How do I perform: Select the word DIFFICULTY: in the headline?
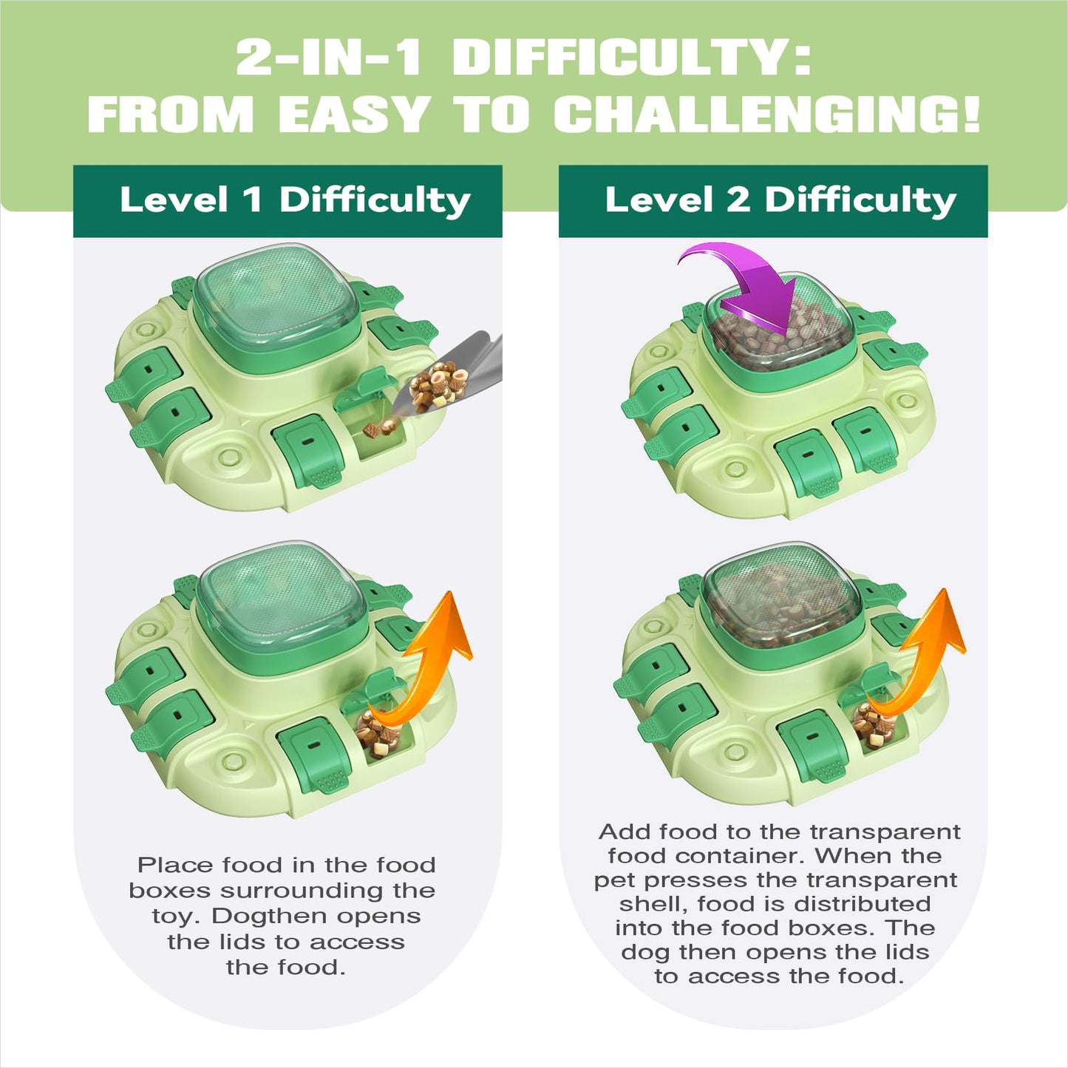click(632, 58)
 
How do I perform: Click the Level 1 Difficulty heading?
click(295, 200)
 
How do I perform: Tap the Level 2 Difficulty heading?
click(780, 200)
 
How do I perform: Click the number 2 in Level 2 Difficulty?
click(738, 199)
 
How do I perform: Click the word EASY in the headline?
click(353, 114)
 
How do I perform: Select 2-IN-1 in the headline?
click(328, 58)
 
